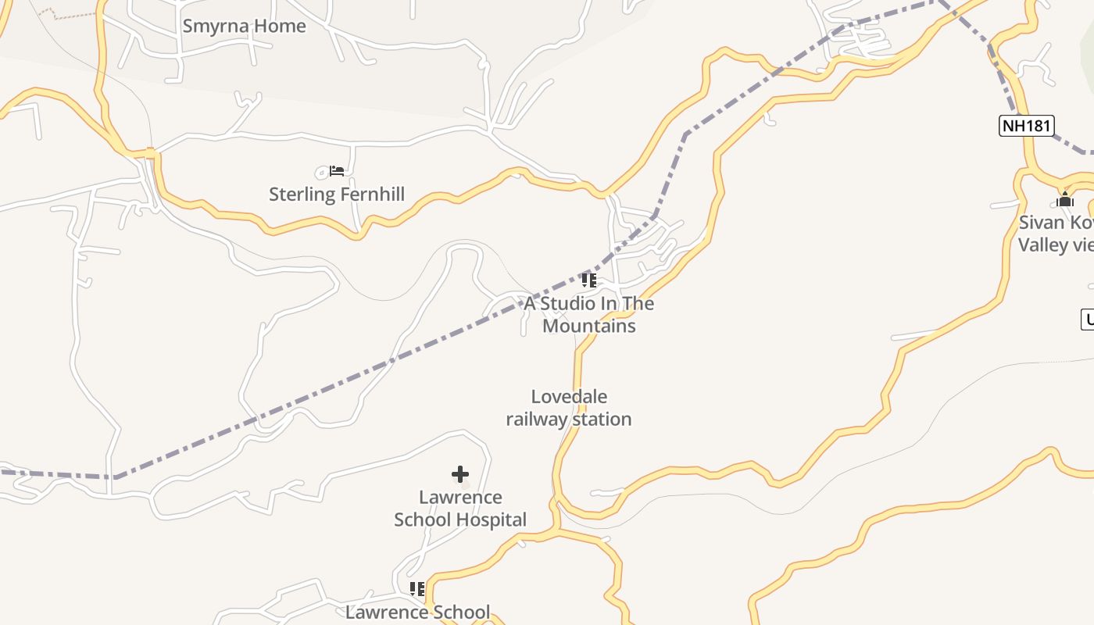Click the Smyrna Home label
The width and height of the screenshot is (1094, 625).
coord(244,26)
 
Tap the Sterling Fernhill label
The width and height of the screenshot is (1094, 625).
coord(337,194)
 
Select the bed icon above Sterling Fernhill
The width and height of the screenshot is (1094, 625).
coord(337,170)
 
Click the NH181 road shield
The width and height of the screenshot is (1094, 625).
coord(1027,125)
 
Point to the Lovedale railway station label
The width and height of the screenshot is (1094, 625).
coord(569,408)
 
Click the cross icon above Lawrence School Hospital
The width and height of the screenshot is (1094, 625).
coord(460,473)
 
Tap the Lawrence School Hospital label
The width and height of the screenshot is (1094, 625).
coord(460,509)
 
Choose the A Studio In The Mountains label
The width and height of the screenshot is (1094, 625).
coord(588,314)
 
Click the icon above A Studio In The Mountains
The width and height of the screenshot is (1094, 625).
coord(588,280)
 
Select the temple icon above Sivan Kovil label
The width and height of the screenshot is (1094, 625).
coord(1064,200)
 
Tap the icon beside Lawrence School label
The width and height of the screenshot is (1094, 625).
coord(417,588)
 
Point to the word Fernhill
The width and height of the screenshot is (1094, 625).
coord(370,194)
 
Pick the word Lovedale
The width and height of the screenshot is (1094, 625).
coord(569,397)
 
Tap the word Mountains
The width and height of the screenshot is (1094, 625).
coord(589,326)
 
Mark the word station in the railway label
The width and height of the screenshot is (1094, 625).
coord(601,420)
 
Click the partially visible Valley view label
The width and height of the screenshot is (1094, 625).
coord(1055,245)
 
